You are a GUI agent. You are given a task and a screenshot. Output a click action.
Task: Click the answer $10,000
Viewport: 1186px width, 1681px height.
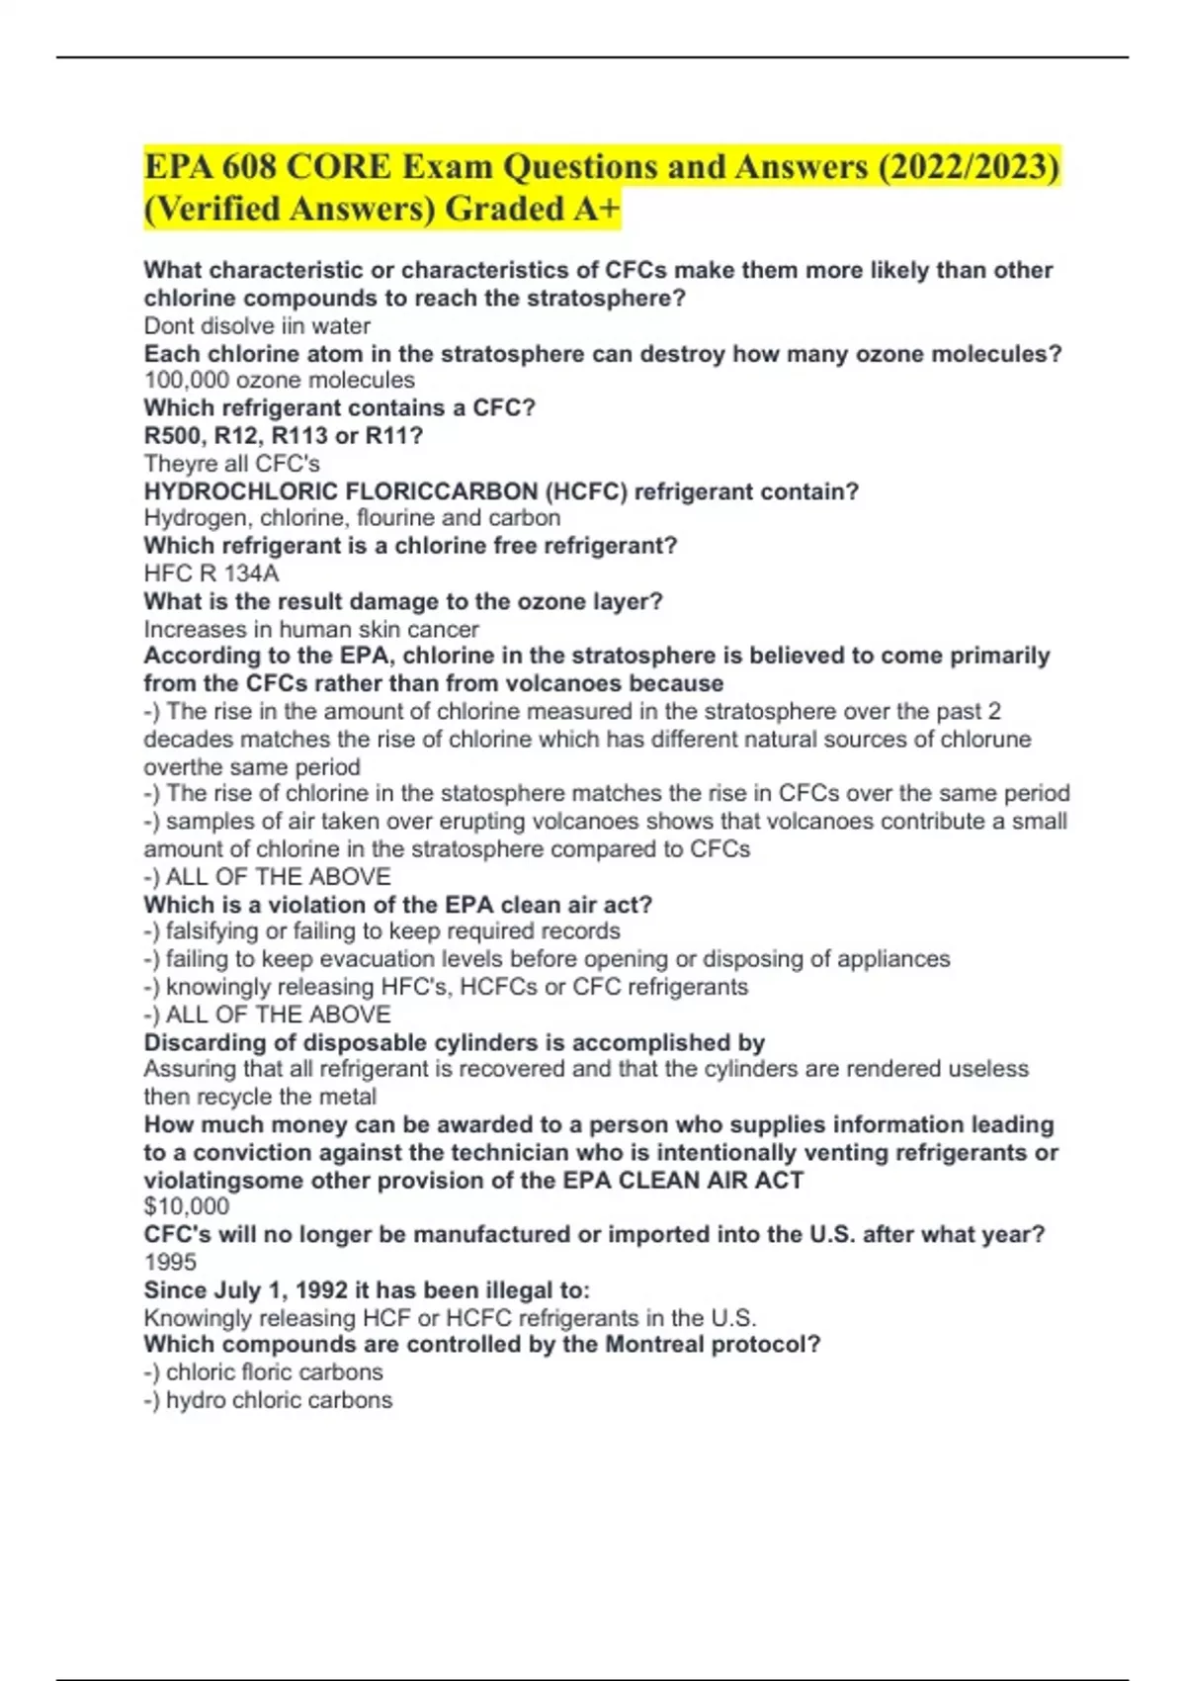pos(187,1206)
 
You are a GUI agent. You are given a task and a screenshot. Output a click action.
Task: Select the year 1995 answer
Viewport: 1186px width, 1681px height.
pos(170,1262)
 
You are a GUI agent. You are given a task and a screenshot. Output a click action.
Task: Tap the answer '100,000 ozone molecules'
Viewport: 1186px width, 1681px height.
pos(279,381)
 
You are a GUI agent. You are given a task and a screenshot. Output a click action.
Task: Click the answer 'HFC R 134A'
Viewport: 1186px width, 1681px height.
pos(212,574)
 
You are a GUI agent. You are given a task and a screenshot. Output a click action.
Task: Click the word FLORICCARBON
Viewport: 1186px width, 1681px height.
pos(441,491)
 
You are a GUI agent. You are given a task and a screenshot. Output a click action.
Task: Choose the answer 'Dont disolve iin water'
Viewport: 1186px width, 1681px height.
pos(257,326)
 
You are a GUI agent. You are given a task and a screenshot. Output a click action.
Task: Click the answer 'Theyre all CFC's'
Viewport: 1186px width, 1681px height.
pos(231,464)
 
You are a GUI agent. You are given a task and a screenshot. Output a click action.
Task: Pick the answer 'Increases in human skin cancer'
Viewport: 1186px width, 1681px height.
pos(311,629)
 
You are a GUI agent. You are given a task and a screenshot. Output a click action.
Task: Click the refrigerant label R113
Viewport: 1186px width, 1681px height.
pos(299,436)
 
